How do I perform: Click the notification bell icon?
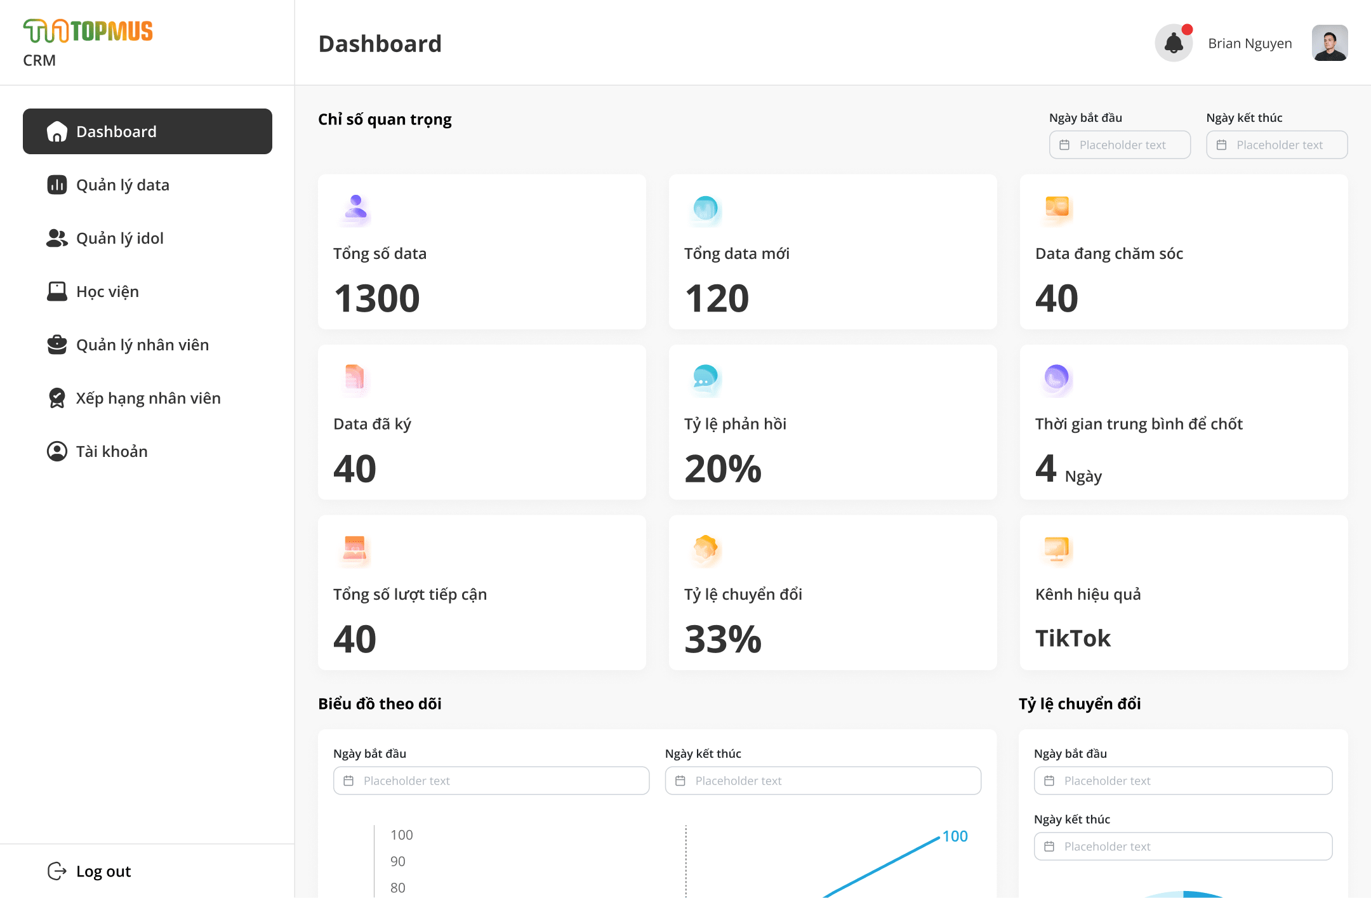click(1174, 43)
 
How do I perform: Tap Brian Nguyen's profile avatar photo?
click(1330, 43)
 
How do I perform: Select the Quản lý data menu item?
click(123, 185)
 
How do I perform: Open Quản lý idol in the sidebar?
click(120, 238)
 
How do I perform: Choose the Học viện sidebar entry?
click(107, 291)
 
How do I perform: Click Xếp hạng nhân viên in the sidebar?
click(148, 398)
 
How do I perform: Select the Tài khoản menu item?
click(112, 451)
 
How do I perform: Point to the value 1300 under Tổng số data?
click(377, 298)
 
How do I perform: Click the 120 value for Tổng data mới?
click(717, 298)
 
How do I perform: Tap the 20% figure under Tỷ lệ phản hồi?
click(723, 469)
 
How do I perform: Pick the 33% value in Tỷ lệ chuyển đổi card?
click(723, 639)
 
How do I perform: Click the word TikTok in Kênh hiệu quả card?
click(1073, 638)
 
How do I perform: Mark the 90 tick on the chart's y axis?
click(398, 861)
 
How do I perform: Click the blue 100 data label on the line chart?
click(955, 836)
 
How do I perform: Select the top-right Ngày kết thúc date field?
click(1277, 145)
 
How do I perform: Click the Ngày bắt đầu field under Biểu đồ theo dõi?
click(491, 781)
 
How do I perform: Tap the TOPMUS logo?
click(88, 31)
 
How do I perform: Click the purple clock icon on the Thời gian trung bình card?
click(1057, 378)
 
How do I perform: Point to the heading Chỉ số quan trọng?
click(385, 119)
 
